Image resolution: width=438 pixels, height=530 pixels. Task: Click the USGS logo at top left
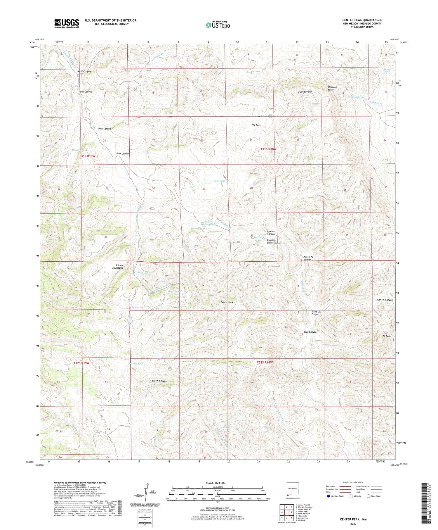pos(67,23)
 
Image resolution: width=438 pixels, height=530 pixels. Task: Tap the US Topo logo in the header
pos(218,25)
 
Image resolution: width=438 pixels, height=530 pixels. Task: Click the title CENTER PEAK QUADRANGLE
pos(362,20)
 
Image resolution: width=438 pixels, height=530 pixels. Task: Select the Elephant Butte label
pos(332,88)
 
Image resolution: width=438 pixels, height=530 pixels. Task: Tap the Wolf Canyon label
pos(84,71)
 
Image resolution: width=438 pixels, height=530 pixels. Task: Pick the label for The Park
pos(256,125)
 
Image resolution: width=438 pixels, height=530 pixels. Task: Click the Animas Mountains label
pos(118,267)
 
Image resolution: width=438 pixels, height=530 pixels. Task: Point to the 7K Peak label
pos(387,336)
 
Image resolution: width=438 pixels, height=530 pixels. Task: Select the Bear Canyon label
pos(310,332)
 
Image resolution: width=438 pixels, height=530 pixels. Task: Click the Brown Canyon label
pos(159,381)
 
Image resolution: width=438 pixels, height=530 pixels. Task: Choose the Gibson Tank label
pos(142,272)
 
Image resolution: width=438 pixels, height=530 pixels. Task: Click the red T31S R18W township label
pos(268,149)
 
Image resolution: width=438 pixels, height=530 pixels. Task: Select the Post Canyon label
pos(105,129)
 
